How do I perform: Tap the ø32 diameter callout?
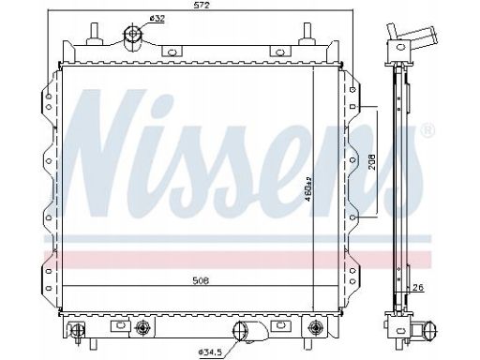pos(157,19)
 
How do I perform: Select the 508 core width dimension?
pos(201,280)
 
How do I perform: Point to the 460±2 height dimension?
pos(308,188)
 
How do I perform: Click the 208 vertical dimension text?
pos(372,162)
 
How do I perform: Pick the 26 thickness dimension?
pos(419,287)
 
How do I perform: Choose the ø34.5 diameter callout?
pos(210,352)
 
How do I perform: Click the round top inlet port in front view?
pos(133,34)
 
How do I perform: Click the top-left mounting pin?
pos(95,35)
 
